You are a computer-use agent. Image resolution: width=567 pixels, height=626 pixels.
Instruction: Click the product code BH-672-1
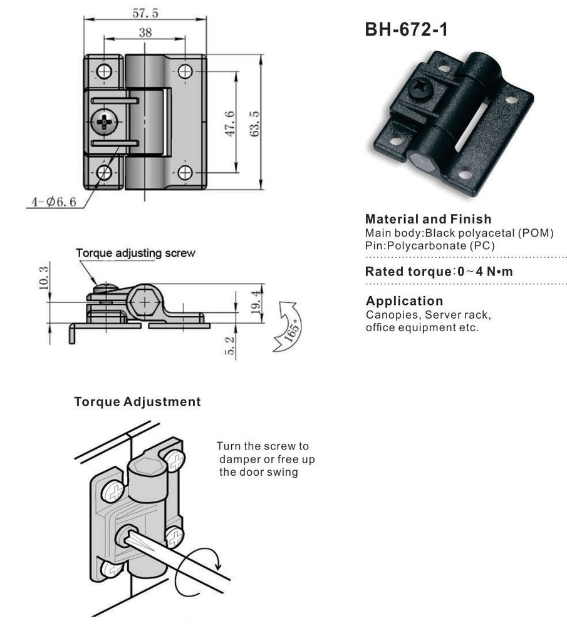406,29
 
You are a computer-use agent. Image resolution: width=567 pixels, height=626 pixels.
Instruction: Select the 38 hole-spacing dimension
145,33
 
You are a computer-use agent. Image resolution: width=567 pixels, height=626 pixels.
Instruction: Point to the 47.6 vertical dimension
229,123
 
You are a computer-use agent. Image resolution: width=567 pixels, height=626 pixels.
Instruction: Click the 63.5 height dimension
254,123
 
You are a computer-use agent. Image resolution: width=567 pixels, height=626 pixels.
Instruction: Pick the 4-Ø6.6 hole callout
54,202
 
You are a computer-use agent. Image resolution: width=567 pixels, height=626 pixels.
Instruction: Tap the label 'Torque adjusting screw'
135,254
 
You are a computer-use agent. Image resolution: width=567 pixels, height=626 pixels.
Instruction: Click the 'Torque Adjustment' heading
138,402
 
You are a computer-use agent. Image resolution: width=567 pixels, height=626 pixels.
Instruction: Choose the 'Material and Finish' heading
428,220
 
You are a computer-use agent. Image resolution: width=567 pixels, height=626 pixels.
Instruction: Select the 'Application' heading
404,300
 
